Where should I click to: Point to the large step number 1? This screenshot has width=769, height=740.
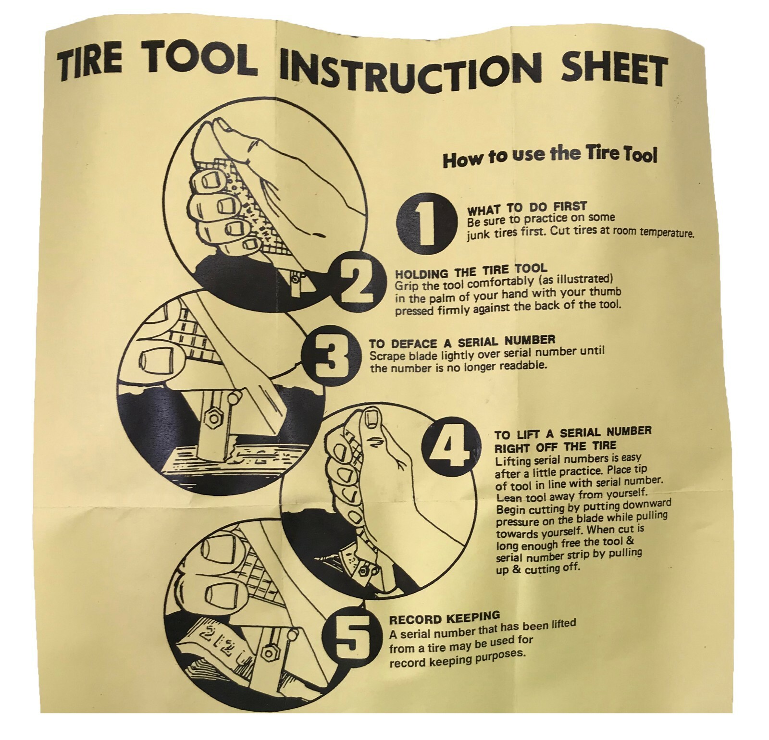pos(425,222)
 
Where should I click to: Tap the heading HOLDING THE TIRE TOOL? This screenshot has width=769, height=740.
pos(471,271)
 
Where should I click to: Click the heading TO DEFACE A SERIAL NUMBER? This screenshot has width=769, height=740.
pos(462,342)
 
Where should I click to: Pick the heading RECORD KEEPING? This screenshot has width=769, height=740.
pos(444,617)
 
